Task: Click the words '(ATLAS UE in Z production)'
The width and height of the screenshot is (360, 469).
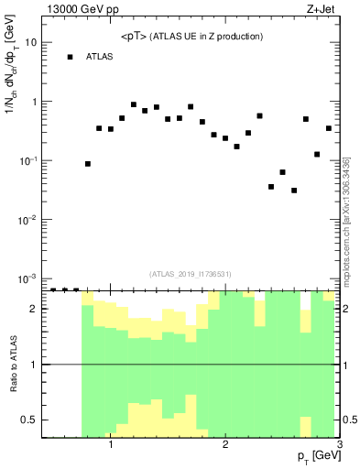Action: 208,37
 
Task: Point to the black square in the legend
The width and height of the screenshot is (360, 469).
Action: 70,57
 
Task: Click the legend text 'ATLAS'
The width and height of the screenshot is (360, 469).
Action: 99,57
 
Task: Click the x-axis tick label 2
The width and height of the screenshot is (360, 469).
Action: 225,444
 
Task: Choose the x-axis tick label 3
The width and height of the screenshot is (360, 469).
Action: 339,444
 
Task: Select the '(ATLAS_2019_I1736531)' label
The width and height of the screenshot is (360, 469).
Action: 191,273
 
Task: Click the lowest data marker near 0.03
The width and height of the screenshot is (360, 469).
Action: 294,191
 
